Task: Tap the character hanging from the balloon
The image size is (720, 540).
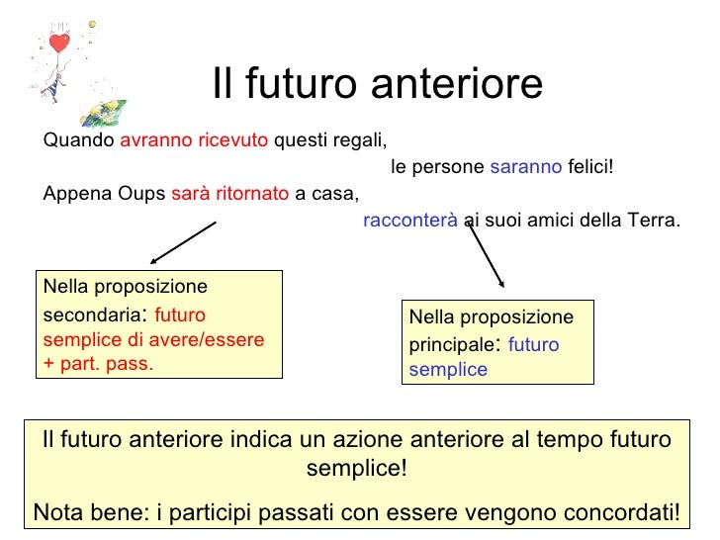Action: pos(49,87)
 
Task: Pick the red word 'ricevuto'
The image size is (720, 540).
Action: pos(232,140)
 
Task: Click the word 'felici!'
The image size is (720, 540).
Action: pos(590,166)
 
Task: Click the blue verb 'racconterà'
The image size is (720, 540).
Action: pos(409,220)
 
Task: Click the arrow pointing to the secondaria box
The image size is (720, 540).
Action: pos(183,242)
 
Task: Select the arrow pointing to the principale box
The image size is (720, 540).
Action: pos(485,257)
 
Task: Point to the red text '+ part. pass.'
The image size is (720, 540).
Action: pos(98,362)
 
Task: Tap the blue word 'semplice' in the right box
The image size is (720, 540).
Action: pos(448,370)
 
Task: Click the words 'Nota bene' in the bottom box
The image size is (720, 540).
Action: pos(85,512)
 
